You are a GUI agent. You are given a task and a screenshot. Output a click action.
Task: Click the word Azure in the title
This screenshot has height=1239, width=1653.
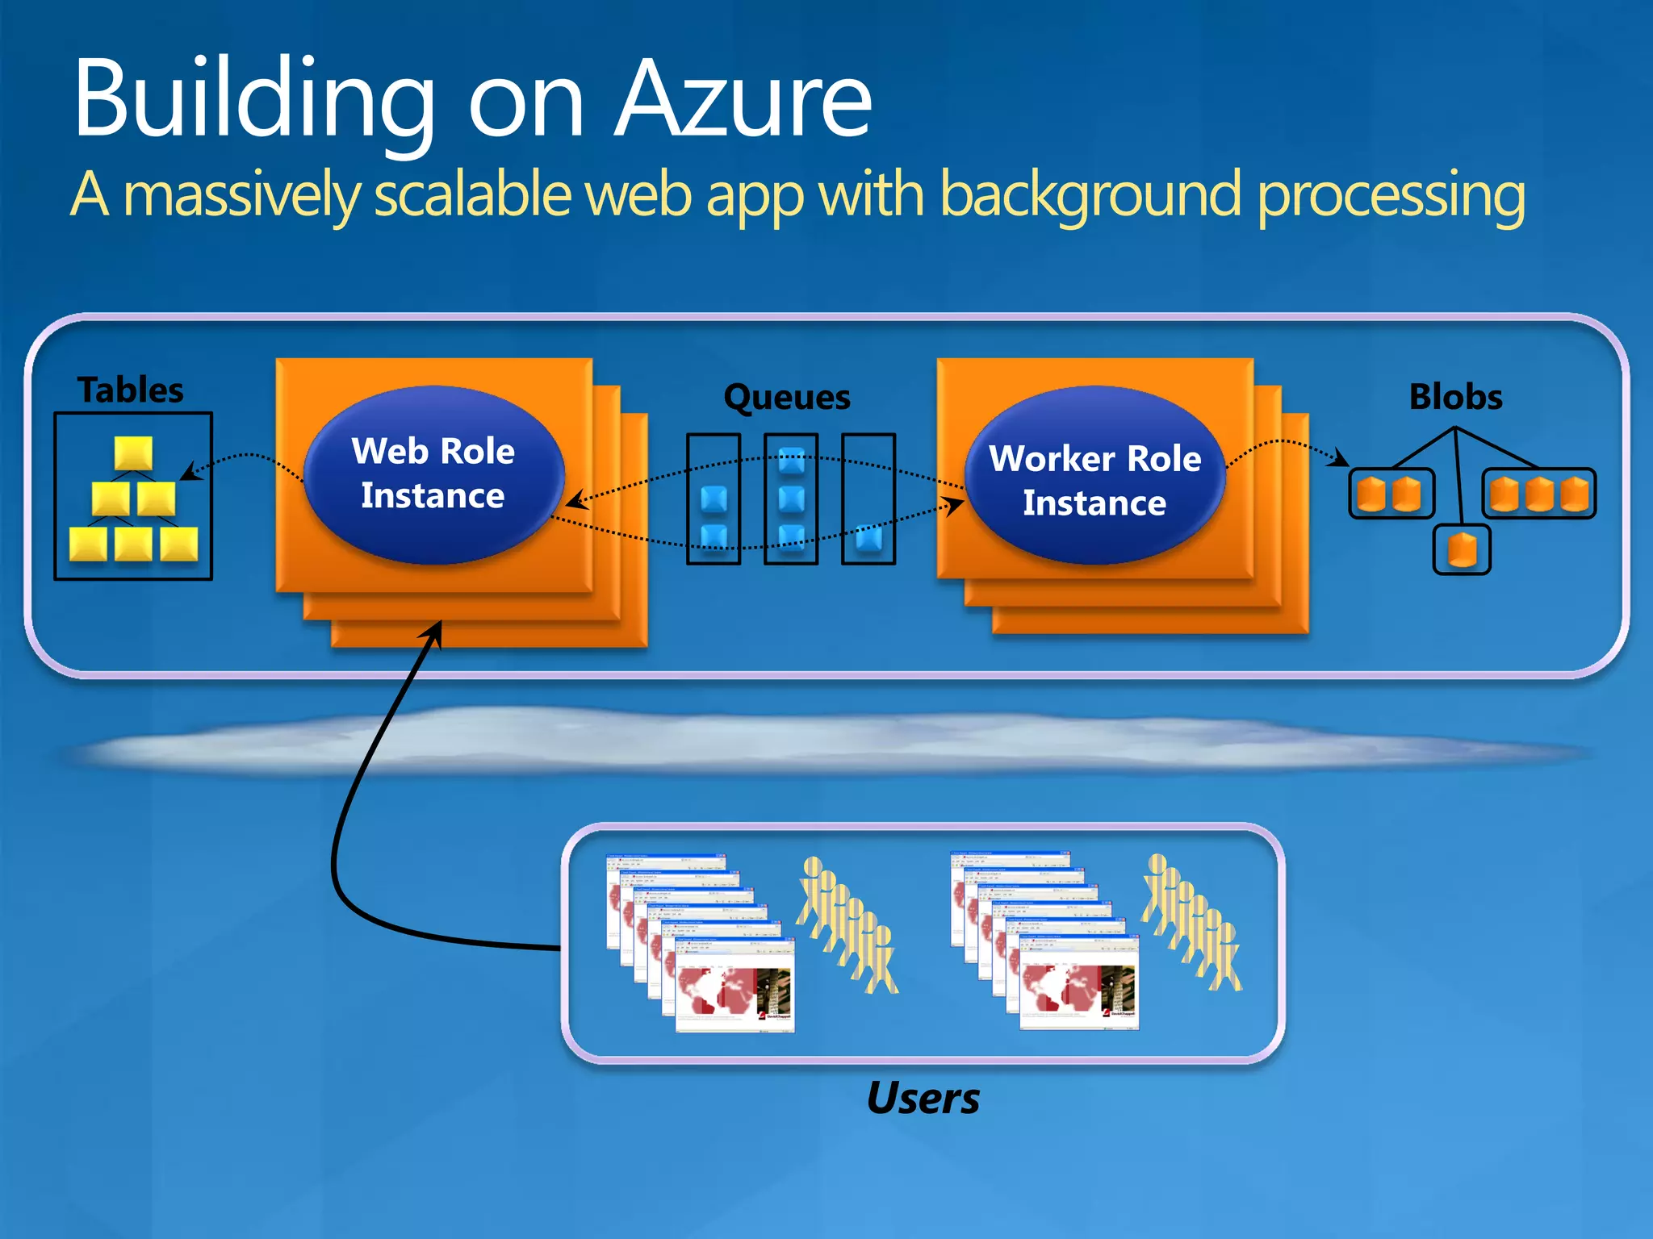click(x=743, y=101)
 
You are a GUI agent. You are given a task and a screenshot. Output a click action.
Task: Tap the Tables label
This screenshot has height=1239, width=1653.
click(x=131, y=390)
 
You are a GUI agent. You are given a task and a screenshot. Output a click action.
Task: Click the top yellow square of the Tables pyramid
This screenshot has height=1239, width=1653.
click(x=133, y=453)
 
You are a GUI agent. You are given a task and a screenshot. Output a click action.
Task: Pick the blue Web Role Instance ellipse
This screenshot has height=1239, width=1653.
click(x=433, y=474)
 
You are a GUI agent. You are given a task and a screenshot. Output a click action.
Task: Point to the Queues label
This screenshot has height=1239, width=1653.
click(x=787, y=398)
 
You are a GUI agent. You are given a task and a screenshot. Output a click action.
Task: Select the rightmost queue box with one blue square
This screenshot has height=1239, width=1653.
click(x=868, y=499)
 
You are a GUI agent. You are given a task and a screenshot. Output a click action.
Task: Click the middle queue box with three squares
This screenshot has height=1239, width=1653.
click(x=791, y=499)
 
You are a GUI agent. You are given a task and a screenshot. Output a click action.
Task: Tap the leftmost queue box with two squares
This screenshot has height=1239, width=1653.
click(x=714, y=499)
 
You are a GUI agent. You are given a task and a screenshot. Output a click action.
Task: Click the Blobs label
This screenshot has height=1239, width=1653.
click(x=1455, y=398)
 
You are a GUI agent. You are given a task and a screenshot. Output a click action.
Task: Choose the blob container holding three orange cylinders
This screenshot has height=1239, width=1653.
click(x=1539, y=494)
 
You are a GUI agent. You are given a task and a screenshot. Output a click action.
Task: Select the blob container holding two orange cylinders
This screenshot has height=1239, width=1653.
click(x=1391, y=494)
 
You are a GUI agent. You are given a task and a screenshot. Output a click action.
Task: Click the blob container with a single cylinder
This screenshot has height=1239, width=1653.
click(x=1462, y=550)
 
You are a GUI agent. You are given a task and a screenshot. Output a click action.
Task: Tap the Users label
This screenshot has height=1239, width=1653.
click(x=923, y=1099)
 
